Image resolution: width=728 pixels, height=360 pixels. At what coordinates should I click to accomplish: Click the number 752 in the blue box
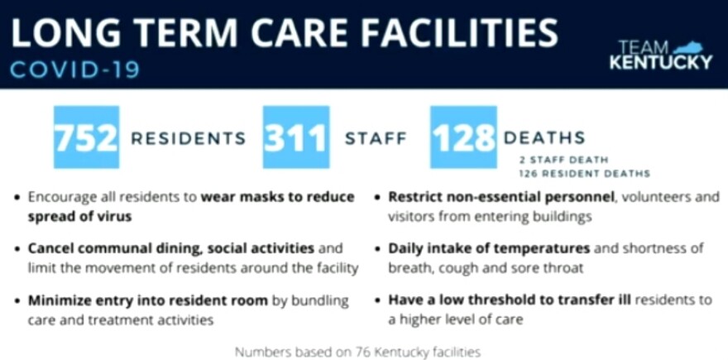86,138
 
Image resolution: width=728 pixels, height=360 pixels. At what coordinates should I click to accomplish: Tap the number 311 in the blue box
296,138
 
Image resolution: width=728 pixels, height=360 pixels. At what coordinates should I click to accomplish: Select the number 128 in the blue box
464,138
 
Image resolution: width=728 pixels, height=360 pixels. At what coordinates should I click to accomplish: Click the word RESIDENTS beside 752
188,138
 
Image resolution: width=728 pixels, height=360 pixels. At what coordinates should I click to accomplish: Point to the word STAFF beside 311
376,138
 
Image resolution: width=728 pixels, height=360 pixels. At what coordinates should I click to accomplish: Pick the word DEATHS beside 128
544,137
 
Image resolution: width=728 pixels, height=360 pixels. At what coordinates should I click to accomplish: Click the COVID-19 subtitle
74,70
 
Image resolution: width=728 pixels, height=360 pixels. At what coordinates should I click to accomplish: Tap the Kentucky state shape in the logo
689,48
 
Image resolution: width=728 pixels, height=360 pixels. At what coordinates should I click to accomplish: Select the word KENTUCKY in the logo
661,62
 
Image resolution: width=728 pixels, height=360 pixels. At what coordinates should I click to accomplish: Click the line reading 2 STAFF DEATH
564,161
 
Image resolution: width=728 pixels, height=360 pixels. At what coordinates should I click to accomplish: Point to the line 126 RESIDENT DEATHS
585,174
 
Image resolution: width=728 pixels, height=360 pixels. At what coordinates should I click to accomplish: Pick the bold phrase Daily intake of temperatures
489,248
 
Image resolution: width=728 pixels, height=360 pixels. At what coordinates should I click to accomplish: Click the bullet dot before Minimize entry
17,300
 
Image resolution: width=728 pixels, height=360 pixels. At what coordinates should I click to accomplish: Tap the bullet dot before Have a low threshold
377,300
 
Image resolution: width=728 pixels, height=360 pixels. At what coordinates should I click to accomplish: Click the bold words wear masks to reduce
278,197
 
